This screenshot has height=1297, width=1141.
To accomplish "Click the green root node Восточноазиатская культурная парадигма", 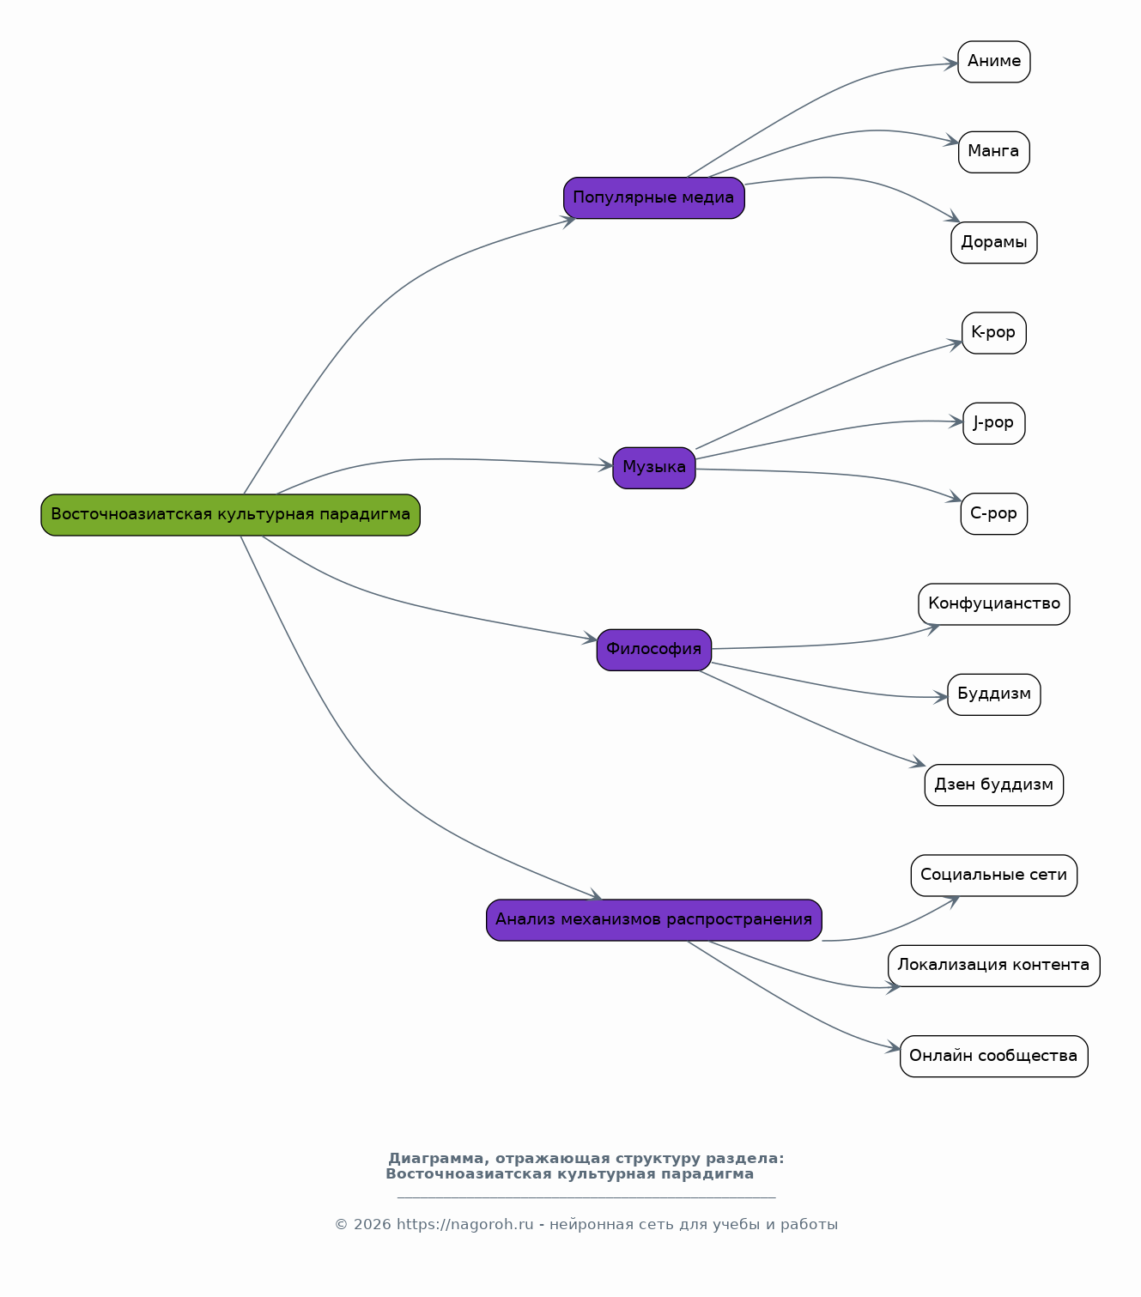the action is click(x=230, y=515).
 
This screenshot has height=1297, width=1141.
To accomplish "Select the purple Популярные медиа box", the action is click(x=653, y=197).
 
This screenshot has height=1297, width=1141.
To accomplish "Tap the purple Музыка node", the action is click(x=653, y=468).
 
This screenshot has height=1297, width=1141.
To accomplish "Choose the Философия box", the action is click(x=653, y=650).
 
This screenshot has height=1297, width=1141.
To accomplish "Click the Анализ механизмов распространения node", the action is click(x=653, y=920).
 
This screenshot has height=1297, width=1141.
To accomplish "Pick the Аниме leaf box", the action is click(x=993, y=62).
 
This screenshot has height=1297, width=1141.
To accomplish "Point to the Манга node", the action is click(x=993, y=153).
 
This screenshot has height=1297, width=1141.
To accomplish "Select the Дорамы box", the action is click(x=993, y=243).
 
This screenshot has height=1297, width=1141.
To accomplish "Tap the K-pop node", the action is click(x=993, y=333).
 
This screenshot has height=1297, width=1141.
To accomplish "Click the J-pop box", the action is click(x=993, y=423).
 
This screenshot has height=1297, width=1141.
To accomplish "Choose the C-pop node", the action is click(x=993, y=513).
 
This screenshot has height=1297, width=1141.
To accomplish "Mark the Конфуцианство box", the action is click(x=993, y=604).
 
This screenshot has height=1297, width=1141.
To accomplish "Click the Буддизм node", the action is click(x=993, y=694).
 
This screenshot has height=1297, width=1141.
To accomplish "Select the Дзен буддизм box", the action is click(x=993, y=785).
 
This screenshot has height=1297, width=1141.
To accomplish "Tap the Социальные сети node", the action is click(x=993, y=876).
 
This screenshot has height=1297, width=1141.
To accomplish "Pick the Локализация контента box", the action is click(x=993, y=966).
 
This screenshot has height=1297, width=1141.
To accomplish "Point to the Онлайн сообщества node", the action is click(x=993, y=1057).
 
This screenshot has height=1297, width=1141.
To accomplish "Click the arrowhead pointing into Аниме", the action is click(x=951, y=64).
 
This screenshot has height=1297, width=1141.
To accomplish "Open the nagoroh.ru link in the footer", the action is click(x=464, y=1225).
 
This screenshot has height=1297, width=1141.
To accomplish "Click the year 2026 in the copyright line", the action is click(x=372, y=1225).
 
